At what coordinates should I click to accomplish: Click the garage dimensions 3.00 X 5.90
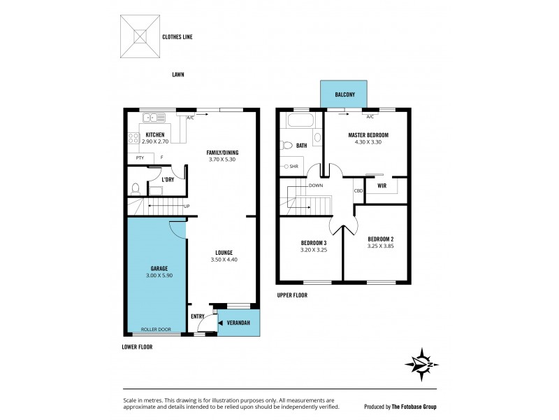click(159, 276)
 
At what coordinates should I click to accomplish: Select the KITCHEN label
click(154, 134)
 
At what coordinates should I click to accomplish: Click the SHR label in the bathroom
click(294, 167)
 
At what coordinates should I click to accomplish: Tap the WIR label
click(382, 186)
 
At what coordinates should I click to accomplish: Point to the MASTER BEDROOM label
click(368, 134)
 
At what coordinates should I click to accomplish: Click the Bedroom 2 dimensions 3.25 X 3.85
click(381, 246)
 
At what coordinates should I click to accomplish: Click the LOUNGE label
click(224, 253)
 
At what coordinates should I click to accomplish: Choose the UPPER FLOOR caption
click(291, 295)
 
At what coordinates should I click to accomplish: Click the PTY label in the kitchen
click(140, 158)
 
